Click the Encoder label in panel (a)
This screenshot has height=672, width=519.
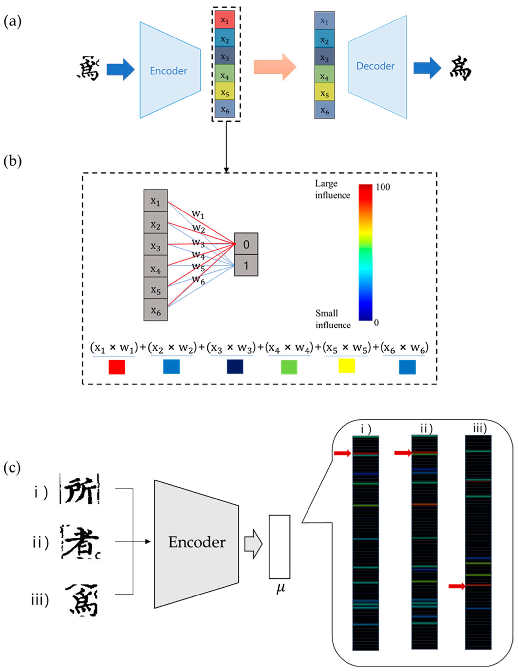click(168, 71)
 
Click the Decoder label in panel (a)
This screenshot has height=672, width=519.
click(375, 66)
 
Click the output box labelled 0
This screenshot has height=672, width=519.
click(246, 244)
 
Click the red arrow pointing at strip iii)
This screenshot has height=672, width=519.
click(457, 586)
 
